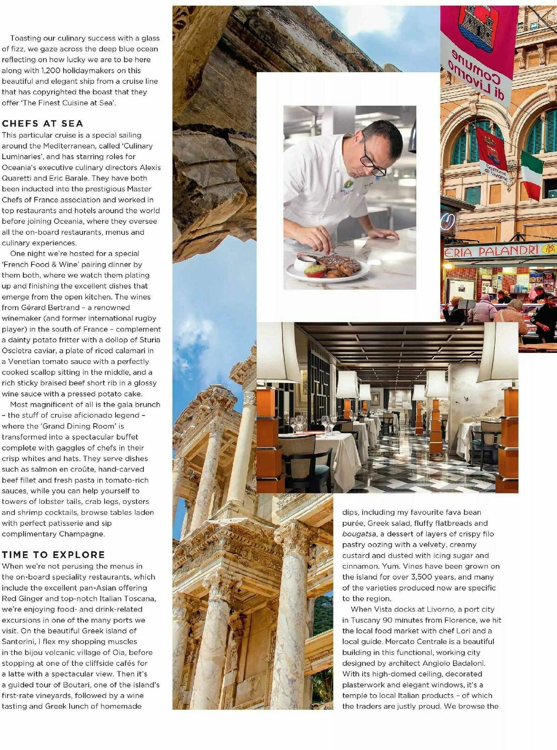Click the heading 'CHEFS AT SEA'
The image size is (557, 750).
pos(42,124)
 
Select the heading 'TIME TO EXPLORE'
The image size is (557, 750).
pos(53,554)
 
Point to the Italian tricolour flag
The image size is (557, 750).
pos(531,174)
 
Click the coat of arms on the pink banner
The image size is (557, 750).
pos(476,26)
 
